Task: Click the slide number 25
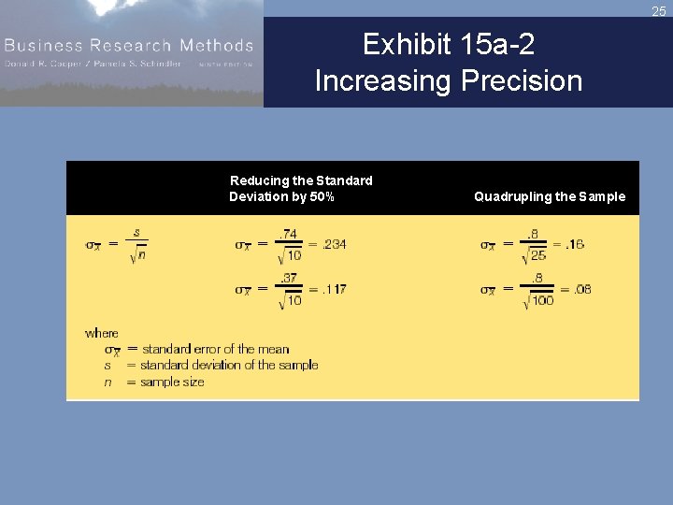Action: pyautogui.click(x=659, y=11)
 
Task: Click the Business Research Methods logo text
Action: pyautogui.click(x=128, y=45)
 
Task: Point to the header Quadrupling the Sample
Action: pyautogui.click(x=550, y=196)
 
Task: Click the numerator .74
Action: pyautogui.click(x=289, y=233)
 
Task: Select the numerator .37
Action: pyautogui.click(x=289, y=277)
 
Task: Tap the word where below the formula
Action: pyautogui.click(x=101, y=333)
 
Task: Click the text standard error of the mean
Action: pyautogui.click(x=215, y=349)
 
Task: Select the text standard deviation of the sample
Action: pyautogui.click(x=229, y=365)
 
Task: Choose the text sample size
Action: pyautogui.click(x=171, y=382)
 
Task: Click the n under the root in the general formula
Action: pyautogui.click(x=141, y=255)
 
